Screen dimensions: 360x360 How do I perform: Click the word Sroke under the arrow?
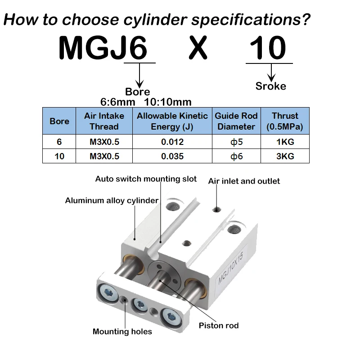(x=270, y=85)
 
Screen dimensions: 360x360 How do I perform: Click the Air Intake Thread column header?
(x=104, y=121)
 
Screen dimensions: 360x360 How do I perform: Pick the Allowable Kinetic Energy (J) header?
(x=172, y=121)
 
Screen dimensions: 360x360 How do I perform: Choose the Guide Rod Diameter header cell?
(x=236, y=121)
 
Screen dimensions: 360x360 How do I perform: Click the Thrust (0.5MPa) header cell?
(x=285, y=121)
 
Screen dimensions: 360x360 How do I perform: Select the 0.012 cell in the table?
(x=172, y=141)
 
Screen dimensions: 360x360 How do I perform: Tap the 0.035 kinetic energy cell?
(x=172, y=156)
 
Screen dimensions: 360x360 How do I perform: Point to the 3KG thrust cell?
(x=285, y=156)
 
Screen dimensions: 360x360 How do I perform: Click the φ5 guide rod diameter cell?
(x=236, y=141)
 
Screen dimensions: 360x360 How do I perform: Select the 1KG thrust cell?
(x=285, y=141)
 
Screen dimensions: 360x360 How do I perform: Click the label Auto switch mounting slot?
(x=146, y=179)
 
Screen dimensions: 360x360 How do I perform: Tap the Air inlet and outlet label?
(x=244, y=181)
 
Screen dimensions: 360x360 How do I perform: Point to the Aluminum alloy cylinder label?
(x=112, y=201)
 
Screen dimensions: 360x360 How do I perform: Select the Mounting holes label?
(x=122, y=332)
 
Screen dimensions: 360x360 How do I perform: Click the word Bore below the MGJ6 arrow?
(x=137, y=92)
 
